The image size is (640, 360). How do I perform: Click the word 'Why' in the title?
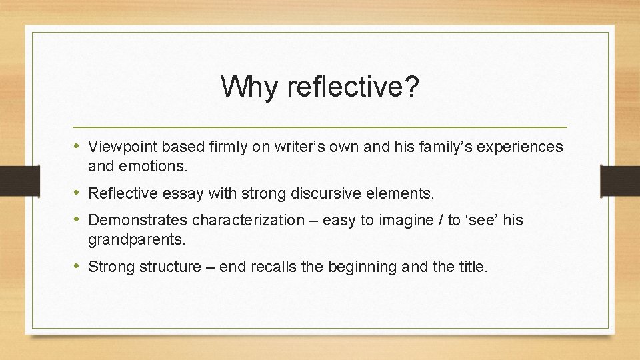coord(245,87)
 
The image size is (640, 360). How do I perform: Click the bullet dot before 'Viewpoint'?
coord(78,146)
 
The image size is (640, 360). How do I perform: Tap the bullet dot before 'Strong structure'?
coord(78,267)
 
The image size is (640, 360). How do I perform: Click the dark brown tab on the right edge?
coord(619,181)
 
